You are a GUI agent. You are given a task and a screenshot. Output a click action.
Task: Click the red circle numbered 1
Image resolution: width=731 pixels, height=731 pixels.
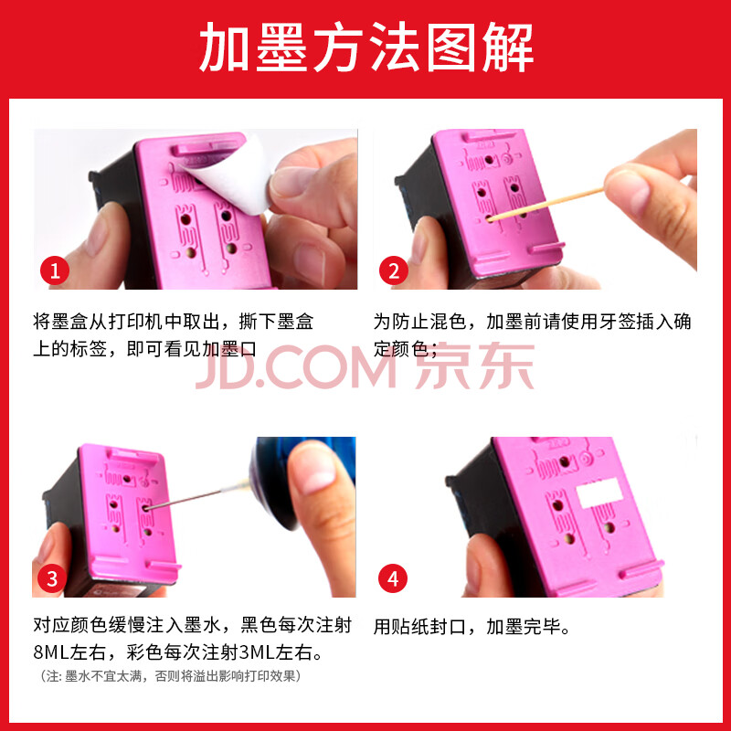tap(55, 270)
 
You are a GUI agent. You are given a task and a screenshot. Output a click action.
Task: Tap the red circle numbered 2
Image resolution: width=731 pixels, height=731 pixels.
tap(394, 270)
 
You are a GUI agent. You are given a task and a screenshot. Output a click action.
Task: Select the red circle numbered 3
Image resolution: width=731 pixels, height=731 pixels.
tap(52, 579)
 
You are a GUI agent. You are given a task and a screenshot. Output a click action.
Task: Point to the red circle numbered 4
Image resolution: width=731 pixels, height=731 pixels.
tap(393, 579)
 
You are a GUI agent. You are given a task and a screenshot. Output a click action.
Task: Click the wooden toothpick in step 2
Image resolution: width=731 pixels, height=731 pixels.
tap(546, 204)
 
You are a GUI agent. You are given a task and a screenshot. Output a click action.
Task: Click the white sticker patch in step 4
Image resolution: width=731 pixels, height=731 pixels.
tap(599, 493)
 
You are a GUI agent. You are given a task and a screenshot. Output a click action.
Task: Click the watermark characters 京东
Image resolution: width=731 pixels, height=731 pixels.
tap(475, 366)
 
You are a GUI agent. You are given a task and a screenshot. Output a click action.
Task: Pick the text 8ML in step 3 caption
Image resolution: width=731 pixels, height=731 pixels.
tap(51, 652)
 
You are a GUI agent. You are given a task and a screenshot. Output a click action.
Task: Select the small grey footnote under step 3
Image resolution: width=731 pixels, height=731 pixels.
tap(171, 676)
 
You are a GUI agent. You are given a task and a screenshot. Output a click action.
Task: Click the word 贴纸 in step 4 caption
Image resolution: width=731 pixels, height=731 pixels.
tap(410, 627)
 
